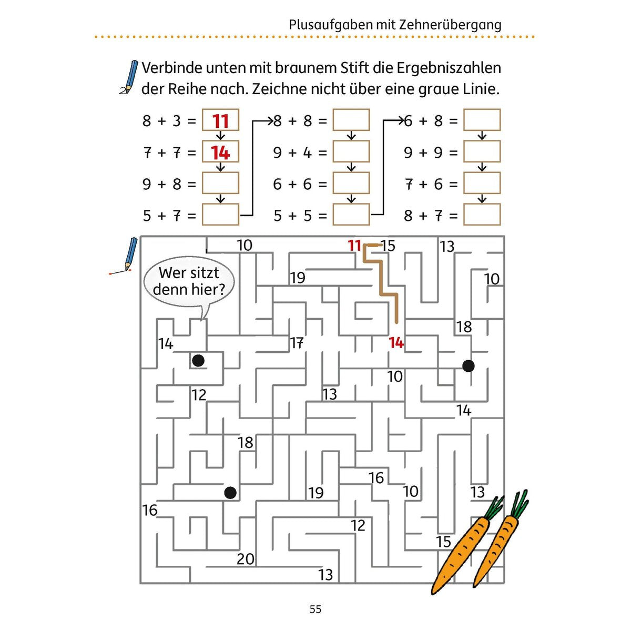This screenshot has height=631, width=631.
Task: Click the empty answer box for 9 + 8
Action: pos(220,183)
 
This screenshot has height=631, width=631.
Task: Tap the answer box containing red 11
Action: pos(220,120)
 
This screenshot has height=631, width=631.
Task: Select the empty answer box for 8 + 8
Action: pos(351,120)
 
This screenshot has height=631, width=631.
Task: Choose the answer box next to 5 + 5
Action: pos(351,215)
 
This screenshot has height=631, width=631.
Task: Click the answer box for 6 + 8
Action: pos(482,120)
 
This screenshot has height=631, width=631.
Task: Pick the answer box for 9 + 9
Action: pos(482,151)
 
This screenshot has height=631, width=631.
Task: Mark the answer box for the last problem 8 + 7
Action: pos(482,215)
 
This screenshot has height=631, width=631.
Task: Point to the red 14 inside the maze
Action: pos(396,343)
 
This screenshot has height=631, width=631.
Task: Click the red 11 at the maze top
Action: pos(354,246)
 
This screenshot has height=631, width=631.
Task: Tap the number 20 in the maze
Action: pos(246,559)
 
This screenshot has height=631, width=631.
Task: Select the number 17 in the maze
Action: pos(297,343)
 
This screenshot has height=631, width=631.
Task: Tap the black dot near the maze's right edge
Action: pos(469,366)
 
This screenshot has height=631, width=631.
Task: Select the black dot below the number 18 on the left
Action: pos(230,493)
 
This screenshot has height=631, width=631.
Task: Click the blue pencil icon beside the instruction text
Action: pos(128,77)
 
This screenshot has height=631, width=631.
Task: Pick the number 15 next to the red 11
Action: pos(389,246)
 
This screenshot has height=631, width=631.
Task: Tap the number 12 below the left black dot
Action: pos(199,395)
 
